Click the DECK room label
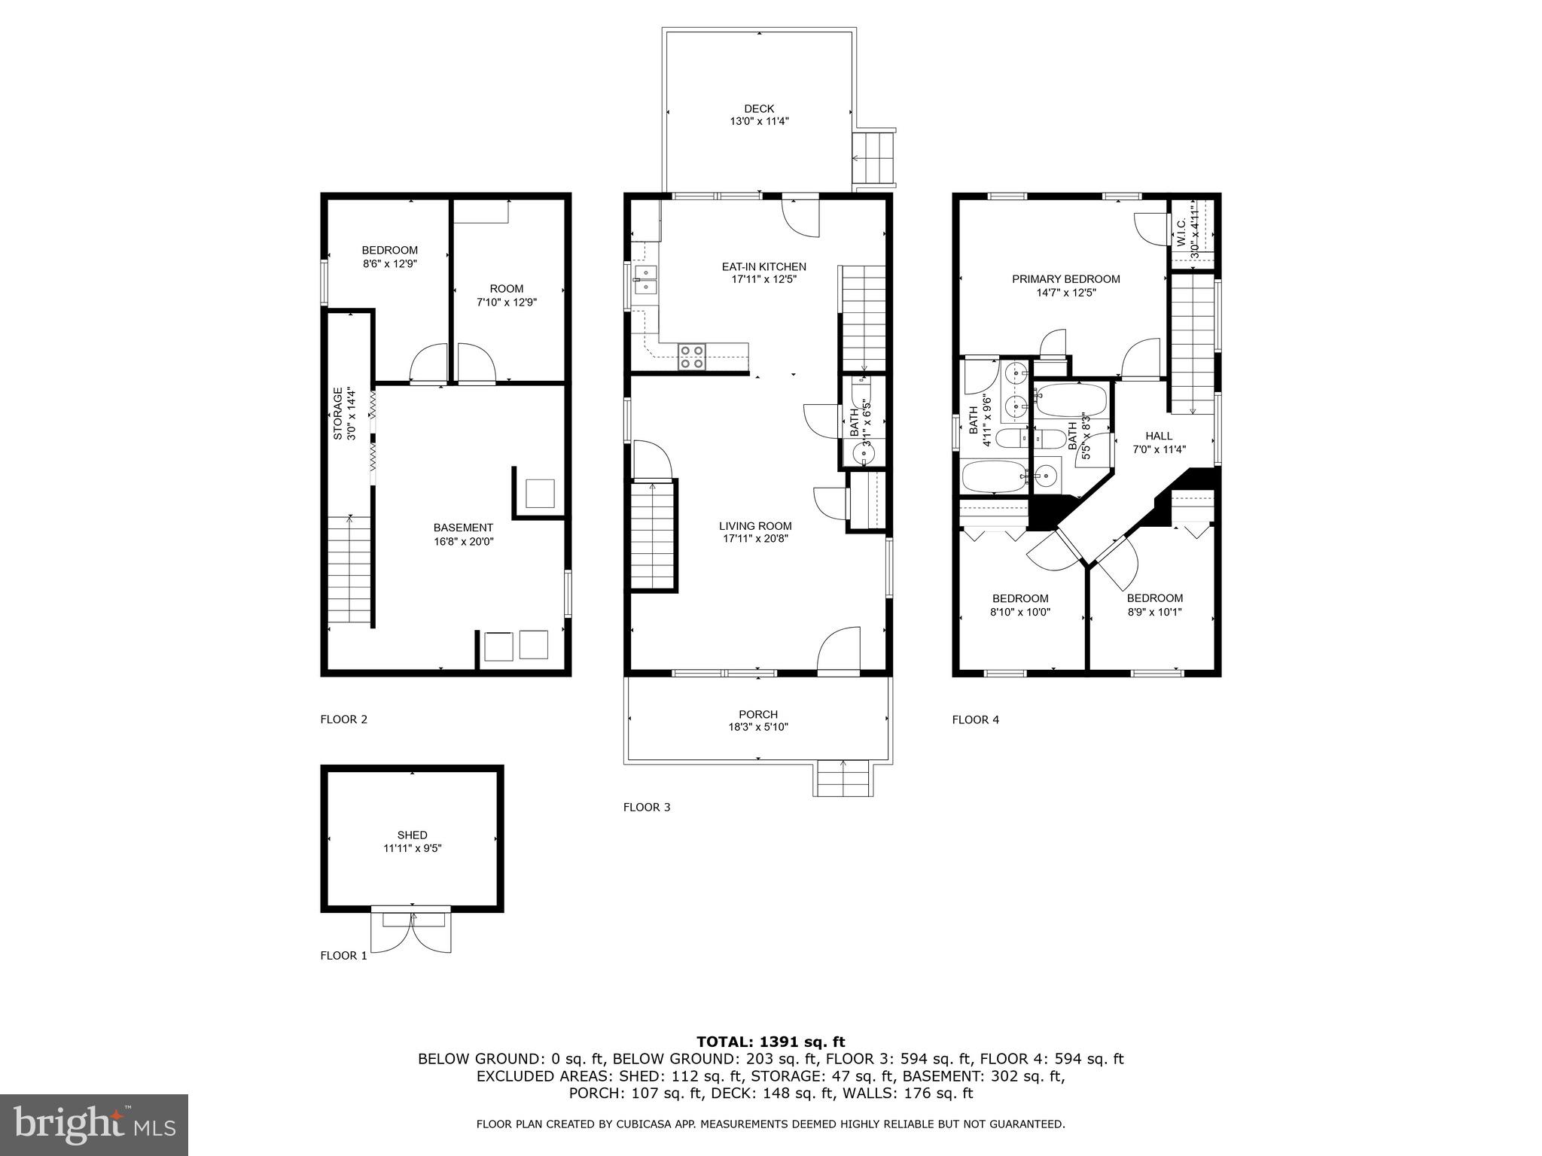(759, 109)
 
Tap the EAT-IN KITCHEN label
(763, 266)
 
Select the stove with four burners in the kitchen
(692, 357)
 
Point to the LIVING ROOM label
(755, 526)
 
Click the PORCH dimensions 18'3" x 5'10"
(758, 727)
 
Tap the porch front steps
(843, 778)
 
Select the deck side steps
(874, 158)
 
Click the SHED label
(412, 835)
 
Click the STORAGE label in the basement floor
(339, 413)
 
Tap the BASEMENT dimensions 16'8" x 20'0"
(463, 541)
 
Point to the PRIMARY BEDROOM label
(1065, 279)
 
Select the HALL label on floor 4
(1159, 436)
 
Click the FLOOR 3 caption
(646, 808)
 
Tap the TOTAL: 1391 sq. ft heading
(770, 1042)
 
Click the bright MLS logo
(94, 1124)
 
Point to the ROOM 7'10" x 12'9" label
(506, 289)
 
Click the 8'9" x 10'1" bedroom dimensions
(1154, 612)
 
